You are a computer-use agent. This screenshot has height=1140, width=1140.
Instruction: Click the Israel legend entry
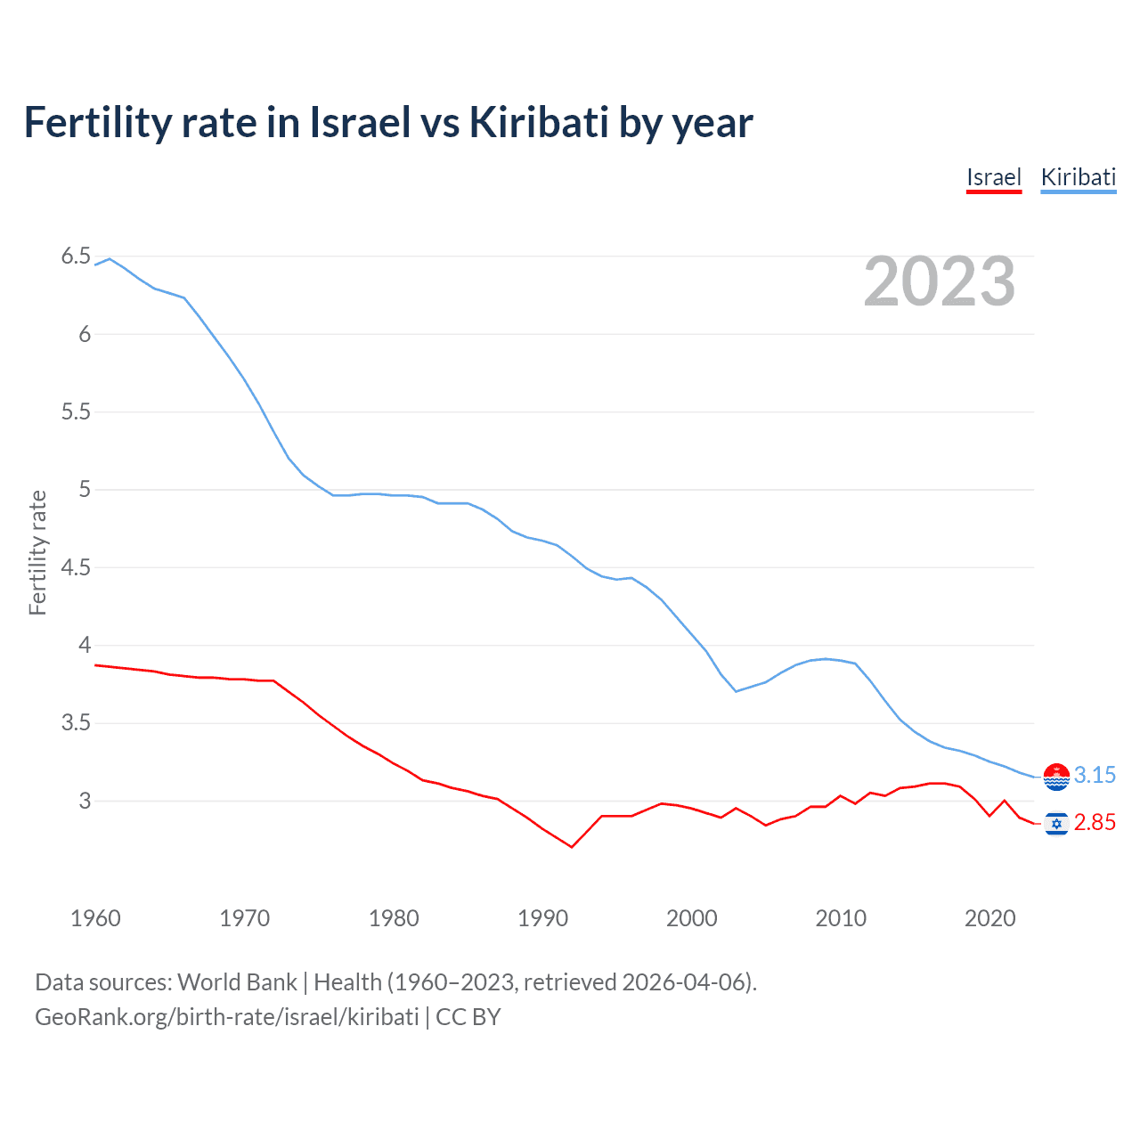click(994, 177)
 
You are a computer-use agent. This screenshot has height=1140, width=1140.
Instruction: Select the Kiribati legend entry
click(1078, 177)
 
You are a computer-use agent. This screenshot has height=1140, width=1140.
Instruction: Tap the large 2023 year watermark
click(940, 281)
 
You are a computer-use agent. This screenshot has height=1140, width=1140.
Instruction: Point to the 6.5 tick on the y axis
click(76, 256)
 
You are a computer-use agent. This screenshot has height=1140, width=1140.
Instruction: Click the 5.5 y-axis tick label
click(76, 411)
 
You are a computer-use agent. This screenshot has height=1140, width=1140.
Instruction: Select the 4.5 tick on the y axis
click(76, 567)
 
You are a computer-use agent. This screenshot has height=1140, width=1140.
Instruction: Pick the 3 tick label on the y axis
click(85, 801)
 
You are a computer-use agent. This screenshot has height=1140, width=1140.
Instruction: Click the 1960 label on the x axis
click(95, 918)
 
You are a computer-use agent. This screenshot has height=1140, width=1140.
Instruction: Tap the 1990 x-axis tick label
click(542, 918)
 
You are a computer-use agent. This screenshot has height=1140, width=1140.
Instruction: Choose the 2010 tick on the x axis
click(840, 918)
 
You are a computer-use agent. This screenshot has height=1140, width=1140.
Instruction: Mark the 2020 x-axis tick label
click(989, 918)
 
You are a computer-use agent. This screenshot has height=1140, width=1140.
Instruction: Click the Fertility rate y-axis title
click(37, 552)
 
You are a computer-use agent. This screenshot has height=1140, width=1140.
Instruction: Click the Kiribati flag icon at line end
click(1056, 777)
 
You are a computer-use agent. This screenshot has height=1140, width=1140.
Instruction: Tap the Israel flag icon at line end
click(1056, 824)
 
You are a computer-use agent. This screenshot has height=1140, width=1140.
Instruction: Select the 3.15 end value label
click(1095, 776)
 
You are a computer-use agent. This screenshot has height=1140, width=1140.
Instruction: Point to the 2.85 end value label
click(1095, 823)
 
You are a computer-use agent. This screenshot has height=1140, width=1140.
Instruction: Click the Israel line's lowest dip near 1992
click(572, 847)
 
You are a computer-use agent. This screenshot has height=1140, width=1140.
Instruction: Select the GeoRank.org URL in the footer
click(226, 1017)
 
